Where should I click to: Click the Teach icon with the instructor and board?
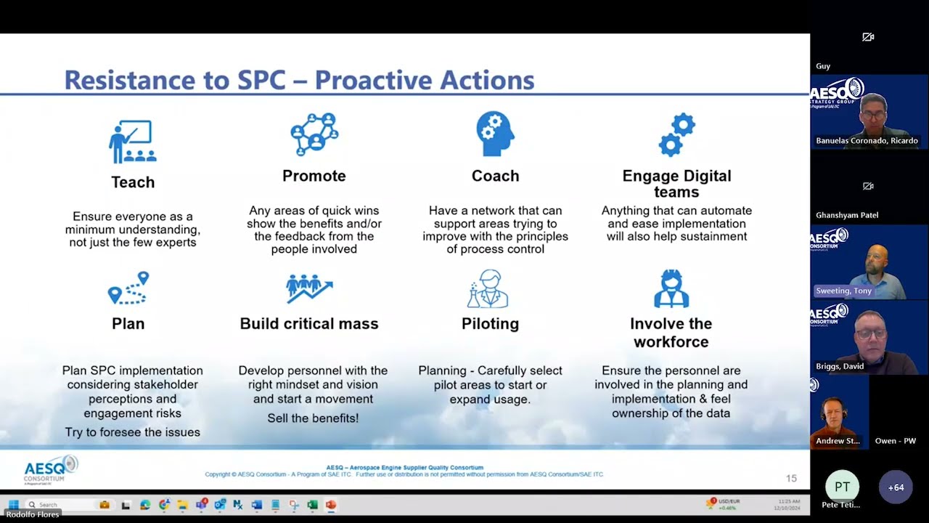pyautogui.click(x=133, y=141)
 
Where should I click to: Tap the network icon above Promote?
pyautogui.click(x=314, y=134)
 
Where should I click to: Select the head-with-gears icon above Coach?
pyautogui.click(x=495, y=134)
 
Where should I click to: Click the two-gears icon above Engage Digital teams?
pyautogui.click(x=676, y=134)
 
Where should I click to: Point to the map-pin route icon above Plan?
pyautogui.click(x=128, y=288)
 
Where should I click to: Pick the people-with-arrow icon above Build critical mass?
pyautogui.click(x=309, y=288)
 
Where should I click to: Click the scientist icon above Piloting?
pyautogui.click(x=488, y=288)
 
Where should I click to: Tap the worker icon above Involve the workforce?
pyautogui.click(x=671, y=288)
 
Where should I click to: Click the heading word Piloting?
pyautogui.click(x=490, y=324)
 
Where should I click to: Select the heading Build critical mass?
pyautogui.click(x=309, y=324)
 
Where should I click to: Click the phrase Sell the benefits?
pyautogui.click(x=313, y=418)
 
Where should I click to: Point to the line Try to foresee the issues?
pyautogui.click(x=132, y=432)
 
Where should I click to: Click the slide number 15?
pyautogui.click(x=791, y=478)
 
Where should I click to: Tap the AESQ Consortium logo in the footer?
pyautogui.click(x=49, y=470)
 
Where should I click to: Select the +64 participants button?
pyautogui.click(x=896, y=487)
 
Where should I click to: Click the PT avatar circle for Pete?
pyautogui.click(x=842, y=487)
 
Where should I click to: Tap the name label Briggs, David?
pyautogui.click(x=840, y=366)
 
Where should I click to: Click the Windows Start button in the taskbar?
pyautogui.click(x=12, y=504)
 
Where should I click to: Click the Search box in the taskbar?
pyautogui.click(x=58, y=504)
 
